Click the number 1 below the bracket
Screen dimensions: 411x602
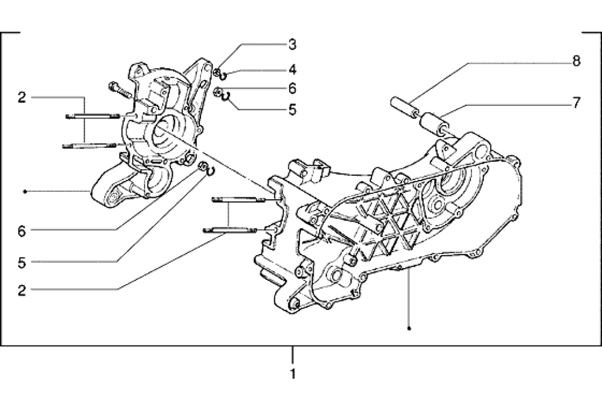pos(293,374)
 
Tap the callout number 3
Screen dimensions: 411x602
pos(292,44)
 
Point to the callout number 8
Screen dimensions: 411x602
pos(576,61)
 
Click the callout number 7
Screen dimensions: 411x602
pos(576,102)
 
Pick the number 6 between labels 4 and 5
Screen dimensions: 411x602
pos(292,88)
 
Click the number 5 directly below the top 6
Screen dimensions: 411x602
pos(292,110)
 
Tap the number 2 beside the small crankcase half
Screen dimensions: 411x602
pos(22,97)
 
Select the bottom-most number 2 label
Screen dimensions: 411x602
pos(22,290)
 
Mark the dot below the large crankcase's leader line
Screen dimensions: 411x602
pos(409,329)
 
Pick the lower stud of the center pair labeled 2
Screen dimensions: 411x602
pos(234,229)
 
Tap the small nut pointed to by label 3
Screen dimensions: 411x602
pos(216,73)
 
